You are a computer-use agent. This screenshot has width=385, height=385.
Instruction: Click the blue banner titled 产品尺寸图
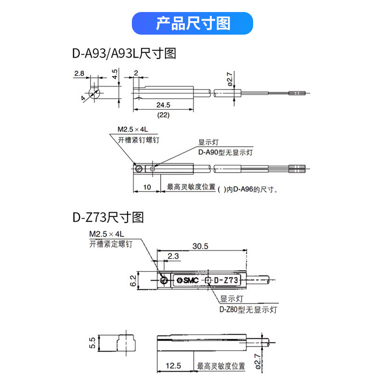[x=192, y=23]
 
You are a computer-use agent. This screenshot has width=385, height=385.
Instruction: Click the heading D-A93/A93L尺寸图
[x=125, y=53]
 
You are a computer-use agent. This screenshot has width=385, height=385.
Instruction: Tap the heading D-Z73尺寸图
[x=108, y=218]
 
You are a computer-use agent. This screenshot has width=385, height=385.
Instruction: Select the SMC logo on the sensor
[x=188, y=280]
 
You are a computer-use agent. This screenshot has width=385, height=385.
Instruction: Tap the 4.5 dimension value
[x=115, y=74]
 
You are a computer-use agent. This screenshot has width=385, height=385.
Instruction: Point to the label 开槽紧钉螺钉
[x=139, y=140]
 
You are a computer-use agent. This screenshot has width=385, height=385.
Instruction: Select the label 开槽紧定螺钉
[x=110, y=244]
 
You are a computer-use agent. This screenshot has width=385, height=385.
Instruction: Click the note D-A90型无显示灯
[x=226, y=152]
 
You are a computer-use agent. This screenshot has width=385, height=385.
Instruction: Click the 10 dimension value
[x=147, y=187]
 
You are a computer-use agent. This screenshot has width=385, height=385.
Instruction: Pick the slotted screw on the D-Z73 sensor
[x=165, y=280]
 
